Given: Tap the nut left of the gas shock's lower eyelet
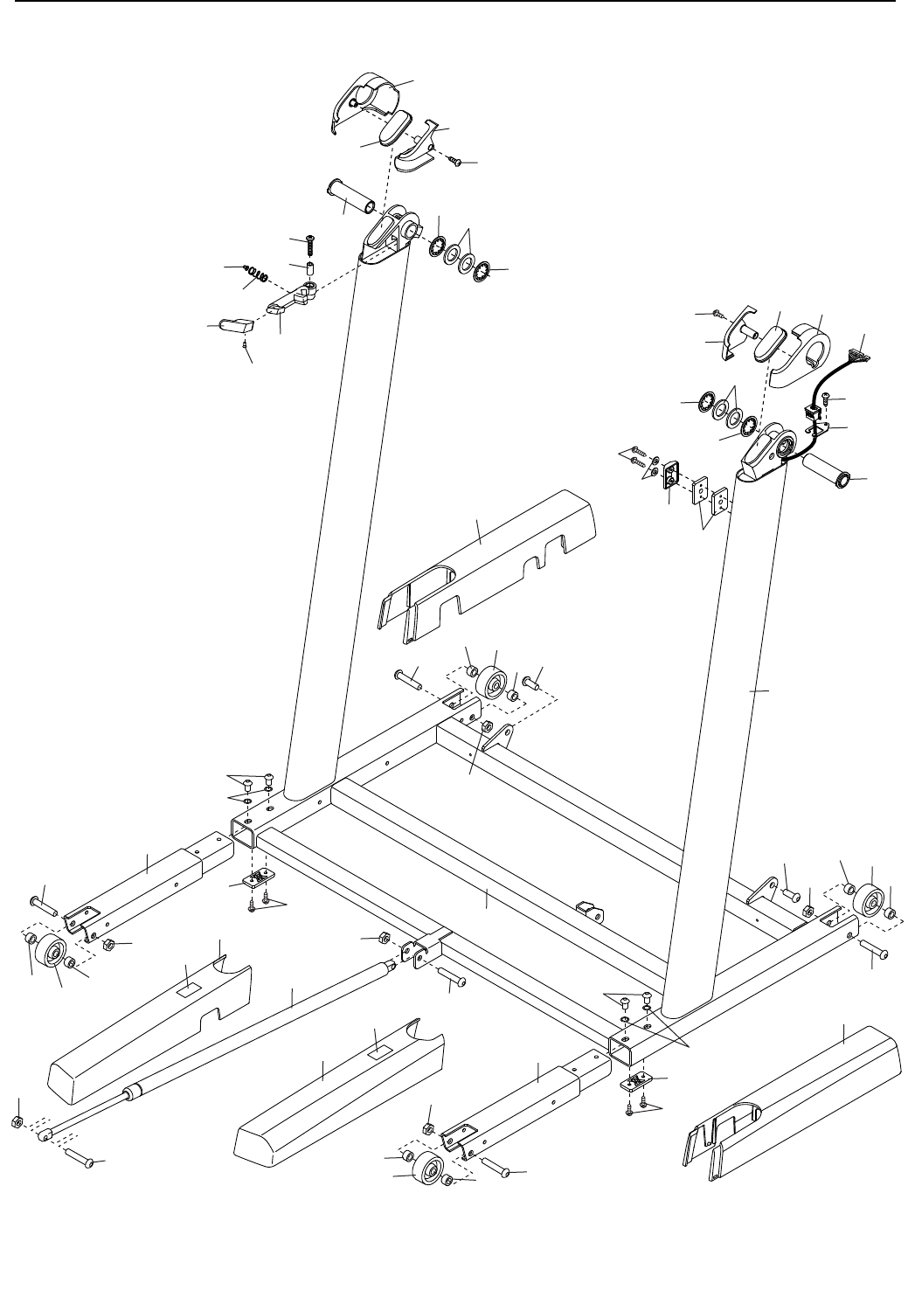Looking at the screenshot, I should coord(17,1121).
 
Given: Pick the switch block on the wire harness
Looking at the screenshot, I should coord(810,409).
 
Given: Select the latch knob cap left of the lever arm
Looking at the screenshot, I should coord(235,324).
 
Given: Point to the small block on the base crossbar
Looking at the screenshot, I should coord(590,907).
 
